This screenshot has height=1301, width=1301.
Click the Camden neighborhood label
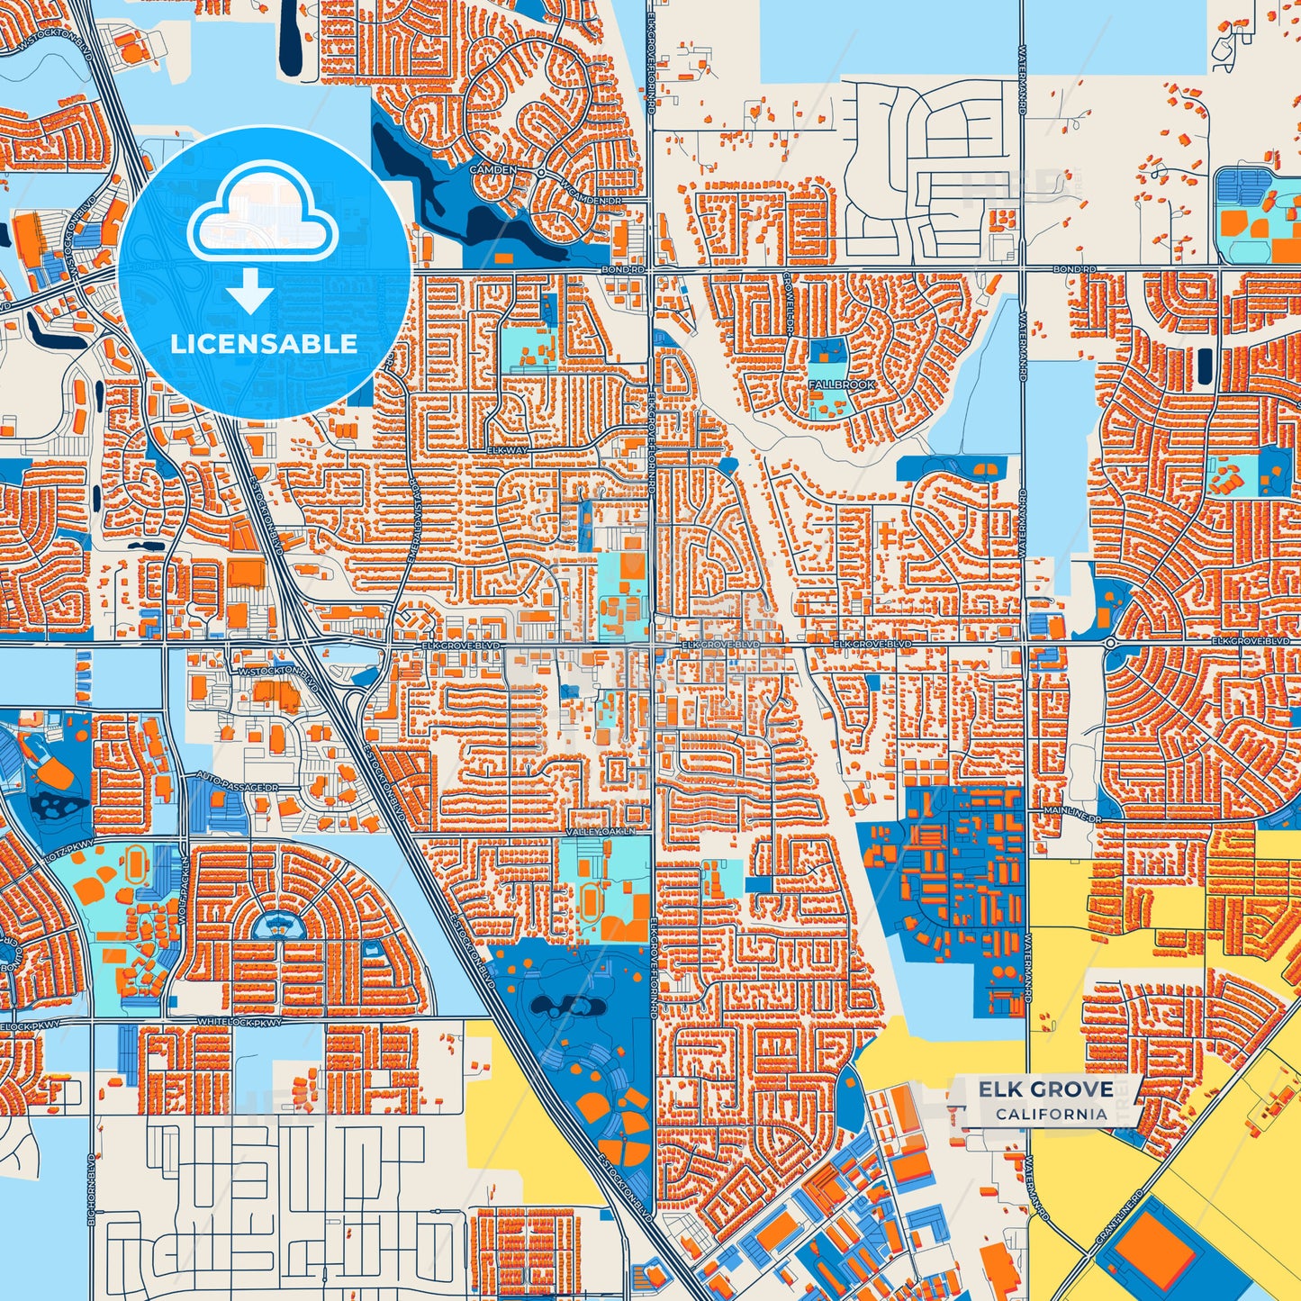(x=493, y=169)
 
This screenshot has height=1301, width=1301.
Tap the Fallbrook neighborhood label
(x=841, y=384)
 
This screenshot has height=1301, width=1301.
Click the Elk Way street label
(x=507, y=449)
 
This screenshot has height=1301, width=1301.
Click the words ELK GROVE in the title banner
(x=1045, y=1089)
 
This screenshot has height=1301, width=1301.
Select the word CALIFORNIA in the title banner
(x=1051, y=1114)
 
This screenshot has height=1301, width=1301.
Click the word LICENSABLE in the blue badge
(x=264, y=344)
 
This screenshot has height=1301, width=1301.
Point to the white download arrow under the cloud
(x=249, y=291)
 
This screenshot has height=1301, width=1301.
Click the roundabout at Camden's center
(x=540, y=172)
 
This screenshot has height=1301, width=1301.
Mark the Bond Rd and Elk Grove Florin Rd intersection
(x=650, y=269)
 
